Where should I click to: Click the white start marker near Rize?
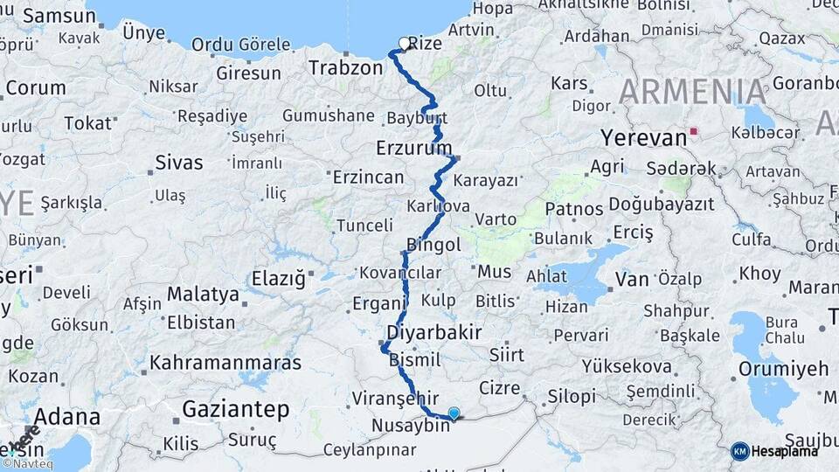[404, 43]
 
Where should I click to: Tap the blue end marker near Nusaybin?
[454, 413]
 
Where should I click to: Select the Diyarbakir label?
[434, 333]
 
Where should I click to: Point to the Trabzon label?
[346, 67]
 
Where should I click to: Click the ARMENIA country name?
[693, 92]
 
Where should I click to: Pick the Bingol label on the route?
[433, 246]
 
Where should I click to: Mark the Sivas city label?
[178, 163]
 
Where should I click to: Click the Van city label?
[632, 280]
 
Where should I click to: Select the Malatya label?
[203, 294]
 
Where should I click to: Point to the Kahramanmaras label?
[225, 362]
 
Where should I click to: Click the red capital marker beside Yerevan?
[693, 132]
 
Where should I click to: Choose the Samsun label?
[59, 16]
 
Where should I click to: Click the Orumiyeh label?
[783, 369]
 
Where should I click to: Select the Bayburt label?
[416, 118]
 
